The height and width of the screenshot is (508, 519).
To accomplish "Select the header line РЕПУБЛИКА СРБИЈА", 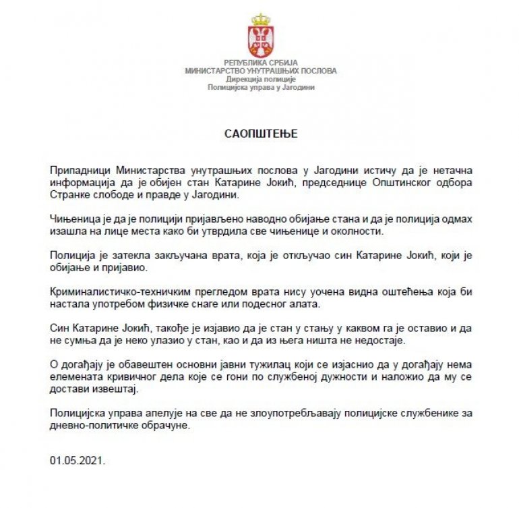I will coord(260,63).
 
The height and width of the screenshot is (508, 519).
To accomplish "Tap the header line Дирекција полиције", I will coord(260,79).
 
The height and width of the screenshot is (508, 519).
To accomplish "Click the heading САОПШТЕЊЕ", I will coord(260,134).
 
